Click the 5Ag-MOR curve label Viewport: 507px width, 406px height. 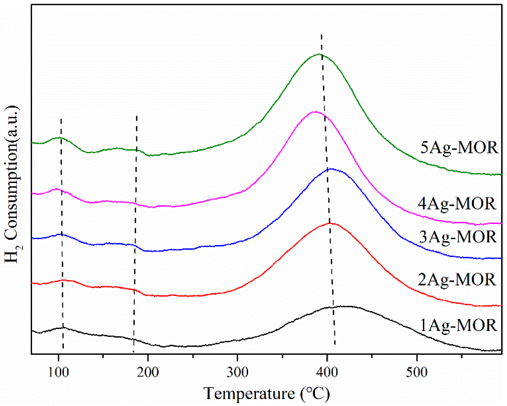tap(459, 148)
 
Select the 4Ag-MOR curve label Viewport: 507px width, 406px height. tap(457, 204)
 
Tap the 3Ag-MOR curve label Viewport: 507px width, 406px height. tap(458, 237)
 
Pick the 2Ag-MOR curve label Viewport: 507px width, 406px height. tap(457, 280)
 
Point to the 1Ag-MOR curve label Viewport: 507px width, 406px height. tap(458, 325)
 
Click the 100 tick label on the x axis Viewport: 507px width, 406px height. tap(58, 372)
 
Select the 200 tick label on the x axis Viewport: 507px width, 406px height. tap(148, 372)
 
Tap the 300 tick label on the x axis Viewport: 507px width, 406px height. tap(237, 372)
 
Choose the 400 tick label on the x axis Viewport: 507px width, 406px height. tap(327, 372)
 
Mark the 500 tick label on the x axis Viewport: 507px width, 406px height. tap(417, 372)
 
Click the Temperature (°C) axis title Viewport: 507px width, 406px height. tap(266, 393)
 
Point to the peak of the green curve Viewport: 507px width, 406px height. tap(319, 54)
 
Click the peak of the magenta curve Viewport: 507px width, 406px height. tap(315, 112)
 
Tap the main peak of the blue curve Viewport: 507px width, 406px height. tap(331, 169)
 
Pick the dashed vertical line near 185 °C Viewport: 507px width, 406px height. tap(135, 232)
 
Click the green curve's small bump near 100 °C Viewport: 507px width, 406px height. tap(60, 138)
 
